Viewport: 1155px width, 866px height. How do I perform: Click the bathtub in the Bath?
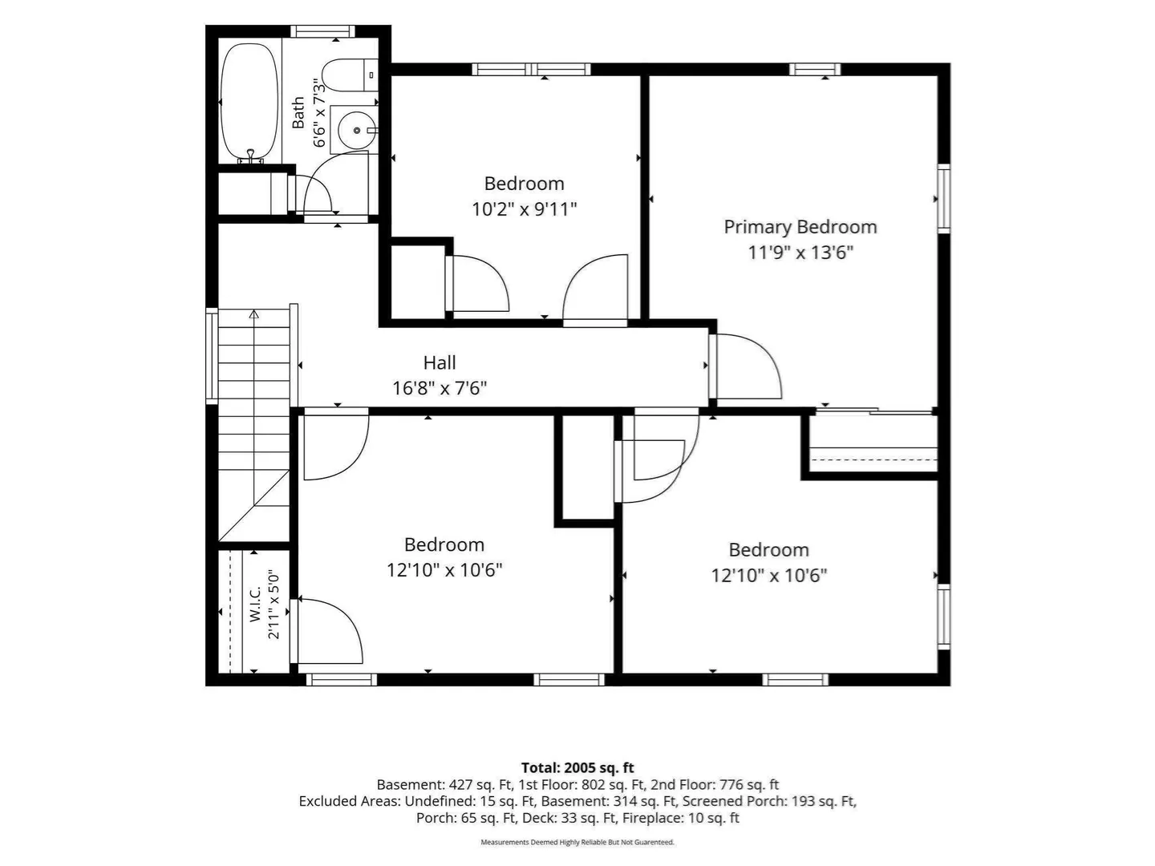249,102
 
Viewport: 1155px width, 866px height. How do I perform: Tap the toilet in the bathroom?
351,75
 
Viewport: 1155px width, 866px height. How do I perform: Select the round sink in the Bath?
356,130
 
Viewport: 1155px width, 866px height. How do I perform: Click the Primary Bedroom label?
800,227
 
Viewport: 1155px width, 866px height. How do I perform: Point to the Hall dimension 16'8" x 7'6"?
440,389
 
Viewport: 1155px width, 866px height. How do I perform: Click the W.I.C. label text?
255,604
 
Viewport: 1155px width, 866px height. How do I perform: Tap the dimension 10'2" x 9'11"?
524,210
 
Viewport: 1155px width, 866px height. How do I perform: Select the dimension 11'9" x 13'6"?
800,253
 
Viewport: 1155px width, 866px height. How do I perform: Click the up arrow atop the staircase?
254,314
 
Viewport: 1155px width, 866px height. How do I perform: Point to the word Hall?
440,362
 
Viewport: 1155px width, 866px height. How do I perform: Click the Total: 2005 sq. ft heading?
577,768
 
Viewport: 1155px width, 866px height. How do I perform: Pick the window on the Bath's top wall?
322,31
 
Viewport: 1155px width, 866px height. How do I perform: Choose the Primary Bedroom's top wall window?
815,70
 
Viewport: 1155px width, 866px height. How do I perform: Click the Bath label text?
298,112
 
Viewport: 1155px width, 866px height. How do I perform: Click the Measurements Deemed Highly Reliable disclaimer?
577,842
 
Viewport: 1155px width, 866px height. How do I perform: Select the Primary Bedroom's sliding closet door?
873,411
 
